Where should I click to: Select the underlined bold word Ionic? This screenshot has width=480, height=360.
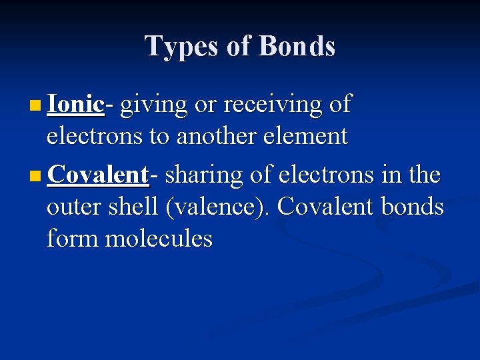tap(75, 104)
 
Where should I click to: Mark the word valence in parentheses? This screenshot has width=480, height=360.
tap(217, 207)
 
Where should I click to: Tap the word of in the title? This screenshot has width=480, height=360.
tap(240, 46)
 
